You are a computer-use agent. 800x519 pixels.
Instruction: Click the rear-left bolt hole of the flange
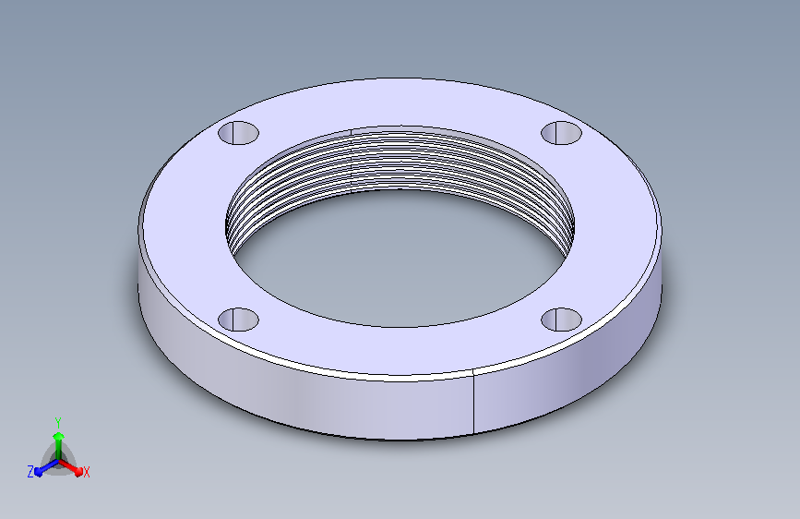pos(238,133)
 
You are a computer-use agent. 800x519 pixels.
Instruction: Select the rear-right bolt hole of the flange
pos(561,133)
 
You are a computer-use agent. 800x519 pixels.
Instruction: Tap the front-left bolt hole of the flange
pos(238,320)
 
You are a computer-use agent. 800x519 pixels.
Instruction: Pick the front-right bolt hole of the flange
pos(561,320)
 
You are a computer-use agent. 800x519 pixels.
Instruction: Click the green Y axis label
pos(58,422)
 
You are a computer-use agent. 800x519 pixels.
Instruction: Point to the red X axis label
pos(86,472)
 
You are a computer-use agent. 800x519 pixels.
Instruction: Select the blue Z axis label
pos(30,472)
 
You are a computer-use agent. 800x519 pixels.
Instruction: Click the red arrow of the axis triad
pos(71,467)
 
